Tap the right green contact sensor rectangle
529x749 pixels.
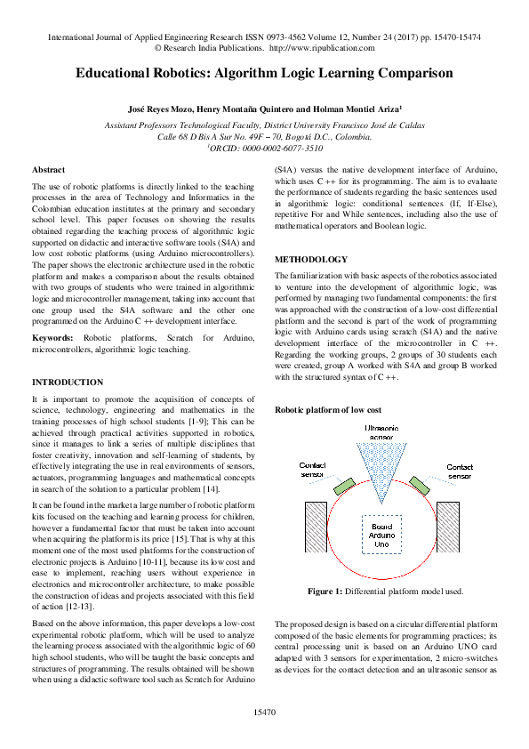tap(420, 486)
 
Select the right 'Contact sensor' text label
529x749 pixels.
tap(459, 471)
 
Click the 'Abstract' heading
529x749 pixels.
tap(48, 169)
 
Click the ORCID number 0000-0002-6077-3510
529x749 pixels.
tap(276, 149)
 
